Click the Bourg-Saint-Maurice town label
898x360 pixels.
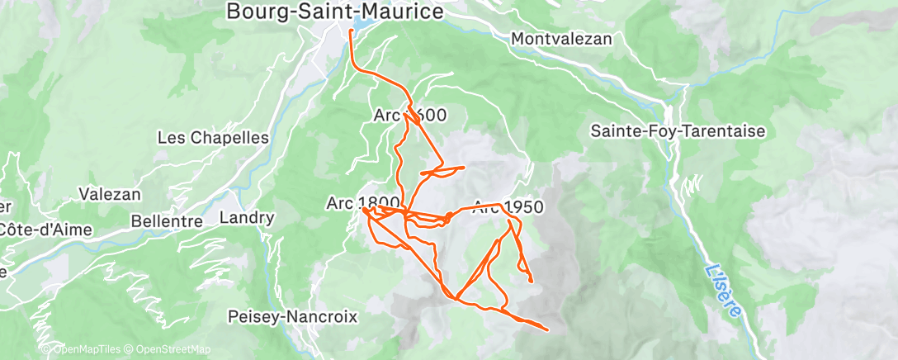[x=335, y=12]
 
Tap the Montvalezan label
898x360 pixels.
[x=561, y=39]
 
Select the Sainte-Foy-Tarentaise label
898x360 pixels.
[x=678, y=131]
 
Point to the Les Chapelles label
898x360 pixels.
[x=213, y=138]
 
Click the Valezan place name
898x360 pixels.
[x=110, y=195]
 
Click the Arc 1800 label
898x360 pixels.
[x=363, y=202]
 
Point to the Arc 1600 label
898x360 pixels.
[x=410, y=116]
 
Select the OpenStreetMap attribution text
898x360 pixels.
[x=168, y=349]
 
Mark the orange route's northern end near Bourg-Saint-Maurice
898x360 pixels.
[x=352, y=31]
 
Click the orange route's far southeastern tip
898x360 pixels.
[x=546, y=329]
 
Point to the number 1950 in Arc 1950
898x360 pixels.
[x=521, y=207]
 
